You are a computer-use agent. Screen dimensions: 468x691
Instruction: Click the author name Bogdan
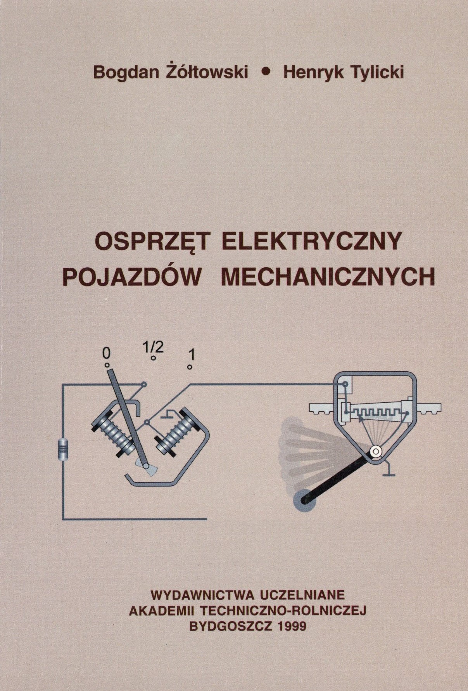[x=124, y=72]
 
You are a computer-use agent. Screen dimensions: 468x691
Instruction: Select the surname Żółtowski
[x=204, y=71]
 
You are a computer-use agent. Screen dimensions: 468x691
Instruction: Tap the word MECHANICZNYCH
[x=327, y=278]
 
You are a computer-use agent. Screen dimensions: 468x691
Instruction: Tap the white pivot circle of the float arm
[x=375, y=451]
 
